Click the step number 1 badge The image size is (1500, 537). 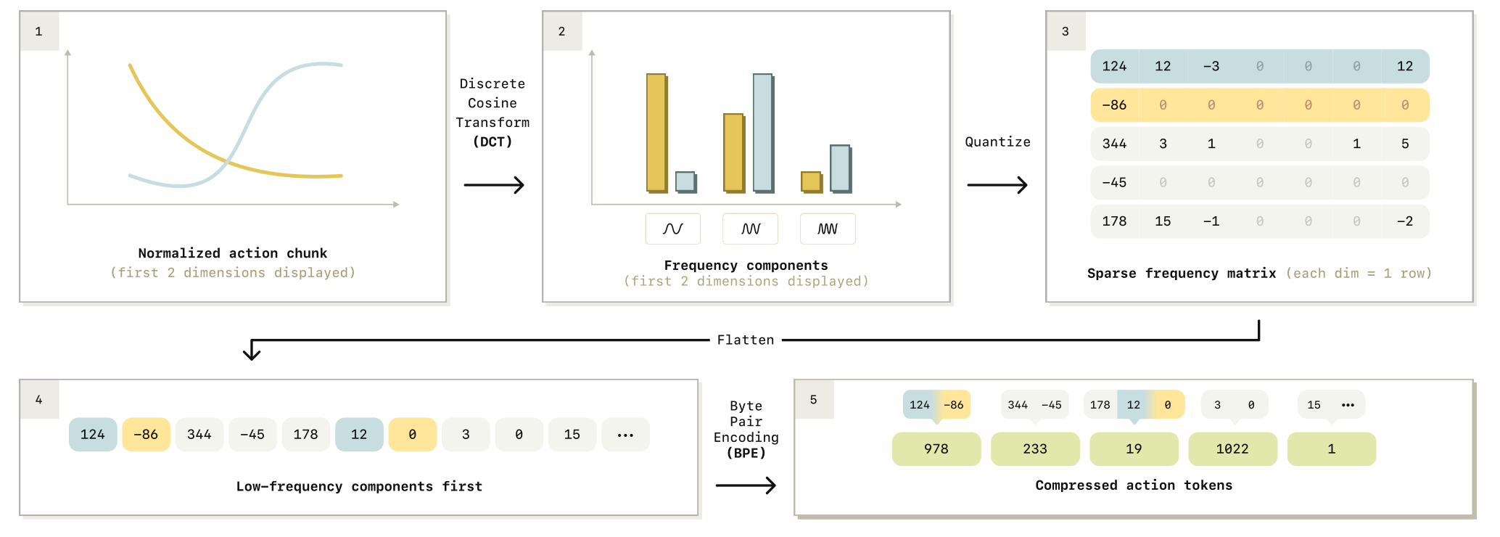pos(39,31)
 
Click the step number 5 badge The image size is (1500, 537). pos(814,400)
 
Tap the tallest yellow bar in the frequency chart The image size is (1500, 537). pos(657,133)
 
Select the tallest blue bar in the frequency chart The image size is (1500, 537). pos(764,133)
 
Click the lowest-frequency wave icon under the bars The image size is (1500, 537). pos(673,229)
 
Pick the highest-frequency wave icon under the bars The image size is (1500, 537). pos(828,229)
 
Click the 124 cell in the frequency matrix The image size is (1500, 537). pos(1115,66)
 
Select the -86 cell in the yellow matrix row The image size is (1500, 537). pos(1115,105)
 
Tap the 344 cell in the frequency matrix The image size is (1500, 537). pos(1115,144)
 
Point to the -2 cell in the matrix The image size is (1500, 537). pos(1405,221)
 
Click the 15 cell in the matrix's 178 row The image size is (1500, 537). pos(1163,221)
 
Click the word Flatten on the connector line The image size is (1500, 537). pos(746,340)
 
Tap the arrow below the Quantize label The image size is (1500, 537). pos(997,185)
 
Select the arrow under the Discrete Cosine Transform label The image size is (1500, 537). pos(494,185)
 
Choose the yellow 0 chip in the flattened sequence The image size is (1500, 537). pos(413,435)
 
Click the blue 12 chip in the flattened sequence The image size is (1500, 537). pos(359,435)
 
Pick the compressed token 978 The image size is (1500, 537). pos(936,449)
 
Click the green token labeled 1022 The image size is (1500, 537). pos(1232,449)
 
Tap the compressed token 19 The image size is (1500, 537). pos(1134,449)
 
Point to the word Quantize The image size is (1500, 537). pos(997,142)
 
